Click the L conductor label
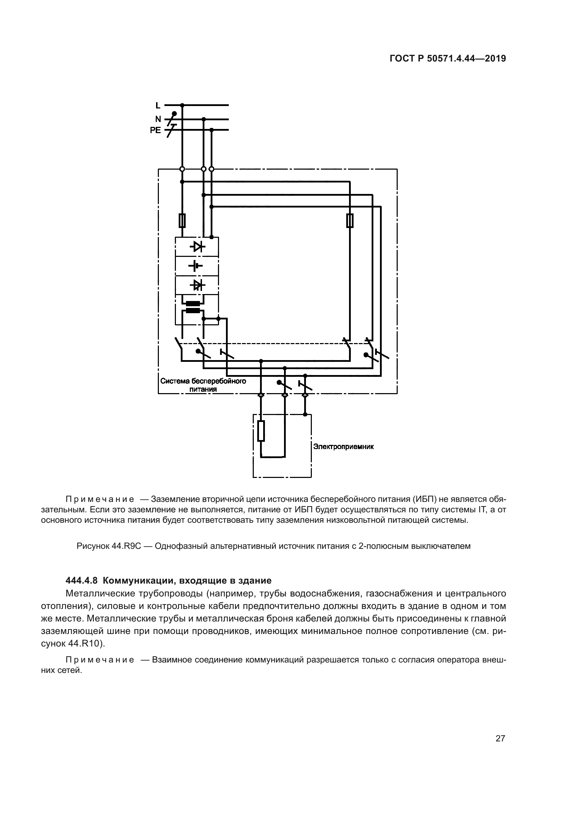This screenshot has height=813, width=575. tap(158, 106)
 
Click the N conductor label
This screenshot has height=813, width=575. tap(158, 119)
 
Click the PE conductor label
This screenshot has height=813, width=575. tap(155, 130)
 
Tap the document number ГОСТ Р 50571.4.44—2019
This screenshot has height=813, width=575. tap(447, 59)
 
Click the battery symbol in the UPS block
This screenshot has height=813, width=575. tap(196, 265)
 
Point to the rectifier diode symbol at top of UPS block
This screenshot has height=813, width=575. tap(197, 246)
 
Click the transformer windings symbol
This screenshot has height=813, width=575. tap(193, 307)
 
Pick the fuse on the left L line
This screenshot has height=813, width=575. tap(182, 221)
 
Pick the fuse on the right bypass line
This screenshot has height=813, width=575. tap(349, 221)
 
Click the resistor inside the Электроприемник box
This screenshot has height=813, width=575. tap(261, 431)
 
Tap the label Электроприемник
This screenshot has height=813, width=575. tap(343, 447)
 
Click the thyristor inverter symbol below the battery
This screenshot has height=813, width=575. tap(197, 285)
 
